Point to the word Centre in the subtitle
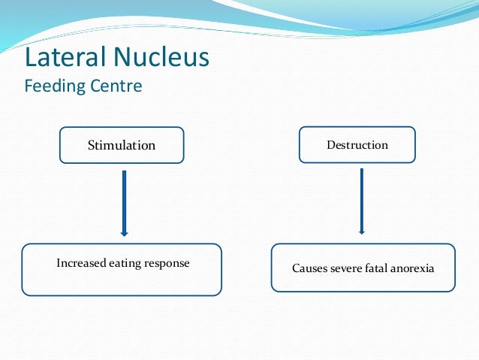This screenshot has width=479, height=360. click(117, 86)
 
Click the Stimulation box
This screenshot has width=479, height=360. click(122, 145)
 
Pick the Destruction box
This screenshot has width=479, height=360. click(357, 144)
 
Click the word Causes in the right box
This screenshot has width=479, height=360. click(309, 268)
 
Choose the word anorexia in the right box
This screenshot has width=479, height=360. click(414, 268)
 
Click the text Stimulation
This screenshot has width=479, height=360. click(122, 145)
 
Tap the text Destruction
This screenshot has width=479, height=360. click(357, 144)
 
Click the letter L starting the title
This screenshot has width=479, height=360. click(30, 57)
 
